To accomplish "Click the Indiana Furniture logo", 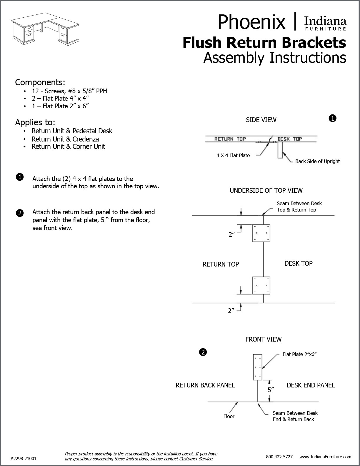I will pos(325,24).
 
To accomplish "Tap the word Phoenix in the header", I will pos(251,22).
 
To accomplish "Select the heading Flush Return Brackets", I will pos(264,42).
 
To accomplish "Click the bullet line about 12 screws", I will pos(69,91).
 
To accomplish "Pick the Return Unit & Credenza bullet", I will pos(65,139).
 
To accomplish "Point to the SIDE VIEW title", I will pos(261,120).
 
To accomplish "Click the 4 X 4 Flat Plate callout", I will pos(233,155).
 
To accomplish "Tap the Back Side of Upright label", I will pos(317,161).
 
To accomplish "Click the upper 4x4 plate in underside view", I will pos(261,233).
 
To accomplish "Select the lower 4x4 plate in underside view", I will pos(261,285).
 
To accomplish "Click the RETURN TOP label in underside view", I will pos(221,264).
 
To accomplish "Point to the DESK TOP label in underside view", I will pos(298,263).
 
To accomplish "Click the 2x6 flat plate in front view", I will pos(258,367).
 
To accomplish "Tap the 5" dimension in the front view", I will pos(271,390).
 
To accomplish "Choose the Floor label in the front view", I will pos(229,416).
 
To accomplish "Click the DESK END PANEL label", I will pos(311,385).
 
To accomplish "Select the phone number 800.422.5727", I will pos(279,457).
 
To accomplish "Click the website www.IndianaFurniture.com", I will pos(325,457).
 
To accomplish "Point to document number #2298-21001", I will pos(24,458).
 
